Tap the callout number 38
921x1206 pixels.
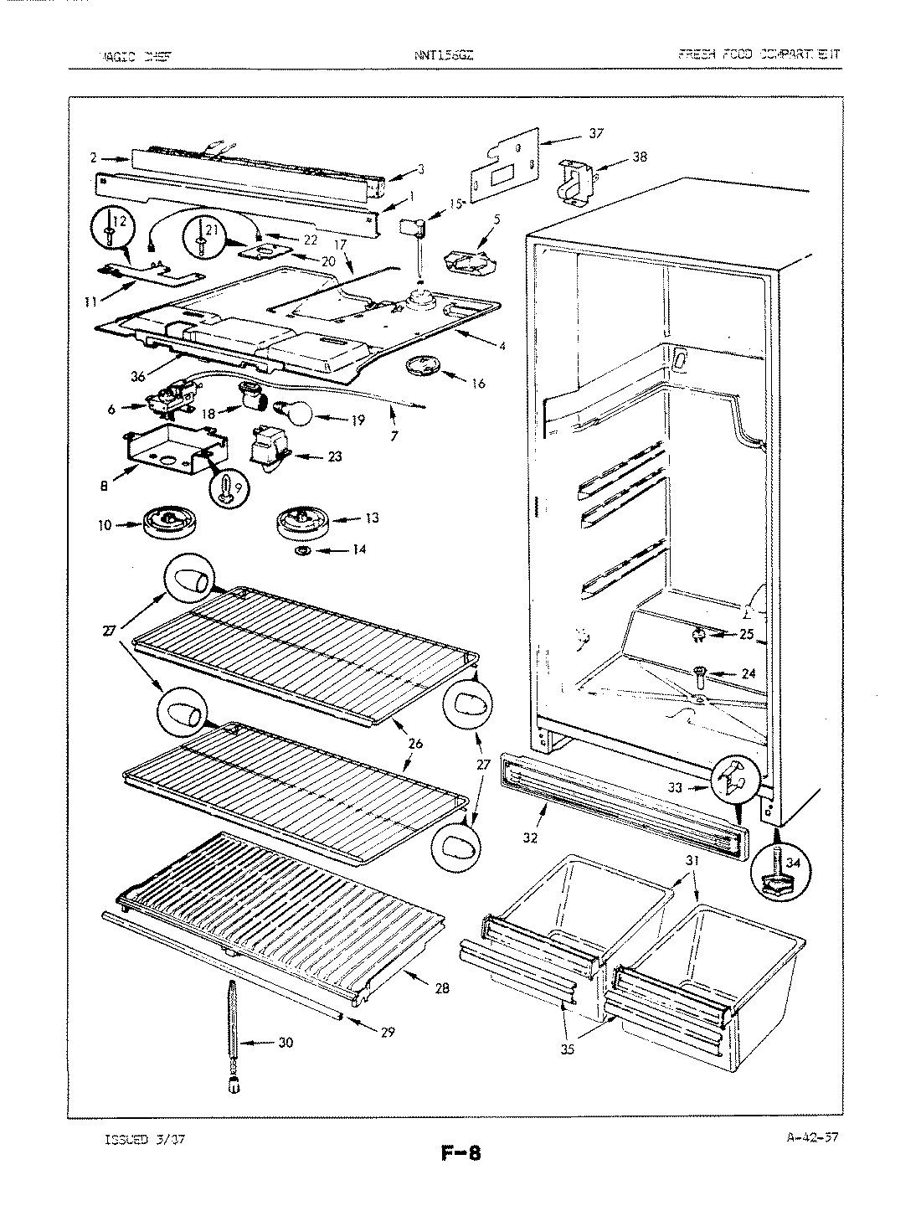point(640,157)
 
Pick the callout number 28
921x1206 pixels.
point(442,989)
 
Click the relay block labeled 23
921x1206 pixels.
point(269,449)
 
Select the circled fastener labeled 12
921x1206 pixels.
point(113,224)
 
